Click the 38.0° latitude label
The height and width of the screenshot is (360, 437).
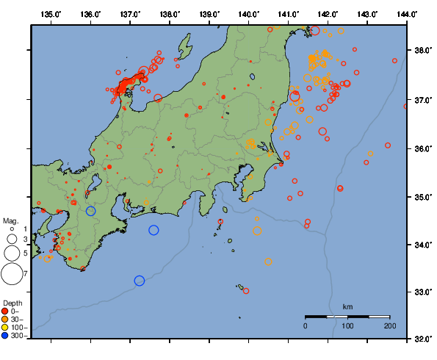424,51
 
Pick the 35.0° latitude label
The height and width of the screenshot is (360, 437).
424,197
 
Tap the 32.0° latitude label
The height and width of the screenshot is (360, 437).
424,339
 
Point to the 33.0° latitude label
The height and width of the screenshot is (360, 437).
424,292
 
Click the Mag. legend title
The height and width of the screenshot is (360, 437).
10,220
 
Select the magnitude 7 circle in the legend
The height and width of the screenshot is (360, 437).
11,274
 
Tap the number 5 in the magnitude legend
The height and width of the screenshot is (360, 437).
25,253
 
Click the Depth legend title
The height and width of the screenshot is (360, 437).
12,303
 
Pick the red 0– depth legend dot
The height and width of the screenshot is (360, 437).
5,312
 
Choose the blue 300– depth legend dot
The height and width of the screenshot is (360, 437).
5,335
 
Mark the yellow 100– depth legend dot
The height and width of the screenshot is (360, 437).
5,327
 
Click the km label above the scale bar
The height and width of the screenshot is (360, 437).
347,306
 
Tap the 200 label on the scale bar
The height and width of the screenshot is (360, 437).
389,325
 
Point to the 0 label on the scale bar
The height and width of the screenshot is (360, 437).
306,325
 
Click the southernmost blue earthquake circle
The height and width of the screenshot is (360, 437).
140,281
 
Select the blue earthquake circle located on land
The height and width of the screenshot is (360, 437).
91,211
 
